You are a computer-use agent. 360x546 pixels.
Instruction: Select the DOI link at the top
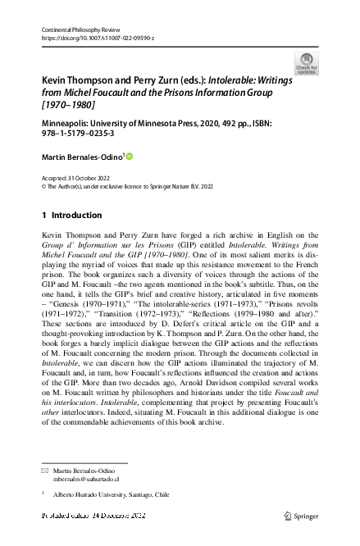click(x=85, y=38)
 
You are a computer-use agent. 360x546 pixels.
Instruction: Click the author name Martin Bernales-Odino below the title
click(x=81, y=156)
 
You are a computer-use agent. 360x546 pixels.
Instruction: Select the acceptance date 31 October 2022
click(x=84, y=178)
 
